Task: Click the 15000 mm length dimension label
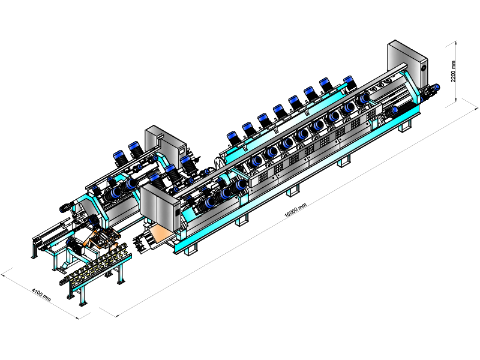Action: (x=295, y=210)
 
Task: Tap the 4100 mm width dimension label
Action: (x=41, y=295)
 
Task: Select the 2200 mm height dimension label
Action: (x=453, y=71)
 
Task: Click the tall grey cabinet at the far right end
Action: (x=407, y=65)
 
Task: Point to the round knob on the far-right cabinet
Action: (x=424, y=68)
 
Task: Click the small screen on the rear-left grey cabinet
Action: (x=182, y=151)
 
